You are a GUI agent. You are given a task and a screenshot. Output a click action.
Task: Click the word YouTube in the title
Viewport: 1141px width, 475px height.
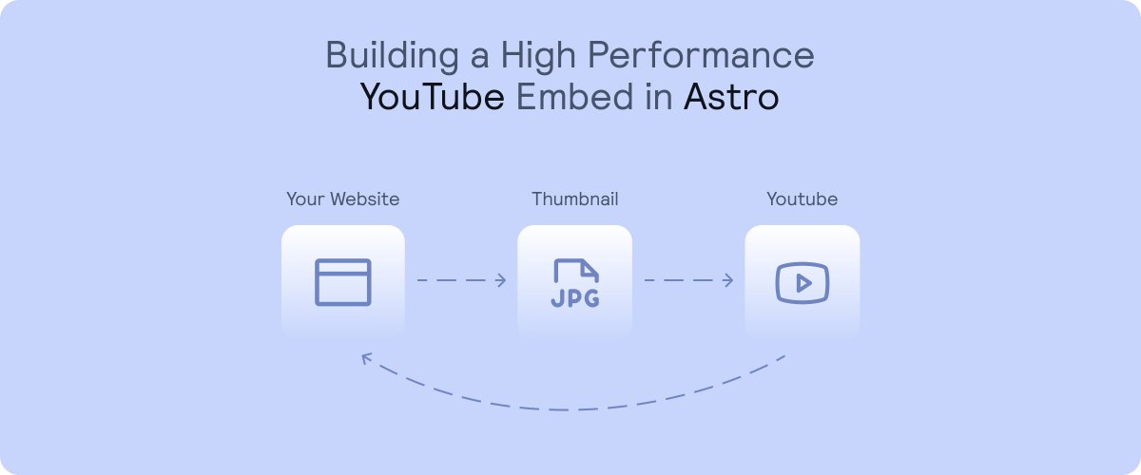pyautogui.click(x=432, y=97)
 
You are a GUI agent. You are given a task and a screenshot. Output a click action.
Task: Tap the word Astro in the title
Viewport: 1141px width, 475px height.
pyautogui.click(x=731, y=97)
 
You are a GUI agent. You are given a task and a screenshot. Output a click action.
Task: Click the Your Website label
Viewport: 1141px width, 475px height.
pyautogui.click(x=343, y=199)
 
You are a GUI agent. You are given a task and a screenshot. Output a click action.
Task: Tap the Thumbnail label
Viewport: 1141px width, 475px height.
pyautogui.click(x=575, y=199)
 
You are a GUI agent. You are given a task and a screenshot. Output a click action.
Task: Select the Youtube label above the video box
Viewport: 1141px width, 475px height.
pyautogui.click(x=803, y=199)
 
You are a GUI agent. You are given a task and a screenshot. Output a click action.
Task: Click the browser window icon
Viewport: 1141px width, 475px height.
pyautogui.click(x=343, y=281)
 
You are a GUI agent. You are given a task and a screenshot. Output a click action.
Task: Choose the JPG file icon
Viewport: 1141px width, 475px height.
pyautogui.click(x=575, y=282)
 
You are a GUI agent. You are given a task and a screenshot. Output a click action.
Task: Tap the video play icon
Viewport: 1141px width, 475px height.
pyautogui.click(x=803, y=282)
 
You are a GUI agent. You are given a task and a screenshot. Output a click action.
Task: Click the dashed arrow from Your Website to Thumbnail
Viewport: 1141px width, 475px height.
pyautogui.click(x=461, y=280)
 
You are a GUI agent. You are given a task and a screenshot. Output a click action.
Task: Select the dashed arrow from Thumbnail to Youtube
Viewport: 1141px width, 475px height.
pyautogui.click(x=688, y=280)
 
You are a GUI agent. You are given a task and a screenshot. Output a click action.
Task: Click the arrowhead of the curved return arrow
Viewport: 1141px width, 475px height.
pyautogui.click(x=364, y=358)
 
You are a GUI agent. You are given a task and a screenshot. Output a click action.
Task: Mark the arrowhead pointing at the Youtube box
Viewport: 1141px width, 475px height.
pyautogui.click(x=729, y=280)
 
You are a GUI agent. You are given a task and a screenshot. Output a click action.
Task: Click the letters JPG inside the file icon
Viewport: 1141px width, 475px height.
pyautogui.click(x=575, y=299)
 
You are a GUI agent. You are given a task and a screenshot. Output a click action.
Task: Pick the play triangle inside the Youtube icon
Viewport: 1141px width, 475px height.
pyautogui.click(x=803, y=282)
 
